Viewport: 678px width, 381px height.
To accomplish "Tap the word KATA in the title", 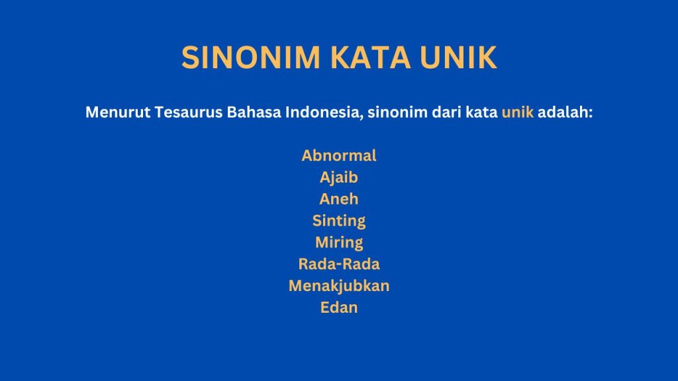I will click(x=365, y=58).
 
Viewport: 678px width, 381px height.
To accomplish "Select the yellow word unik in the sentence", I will click(x=517, y=112).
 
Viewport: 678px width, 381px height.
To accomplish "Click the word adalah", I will click(x=565, y=112).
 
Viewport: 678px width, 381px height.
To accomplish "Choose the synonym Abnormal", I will click(x=339, y=155).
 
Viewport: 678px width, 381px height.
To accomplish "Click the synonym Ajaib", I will click(x=339, y=177).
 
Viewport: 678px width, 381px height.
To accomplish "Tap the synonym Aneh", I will click(x=339, y=199).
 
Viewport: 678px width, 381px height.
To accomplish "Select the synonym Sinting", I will click(x=339, y=220).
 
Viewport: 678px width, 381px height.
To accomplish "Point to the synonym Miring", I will click(x=339, y=242).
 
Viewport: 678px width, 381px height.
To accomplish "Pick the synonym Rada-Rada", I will click(x=339, y=264).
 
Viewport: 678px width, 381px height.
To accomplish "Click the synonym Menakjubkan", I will click(x=339, y=286).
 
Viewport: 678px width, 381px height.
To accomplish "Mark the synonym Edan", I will click(x=339, y=308).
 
